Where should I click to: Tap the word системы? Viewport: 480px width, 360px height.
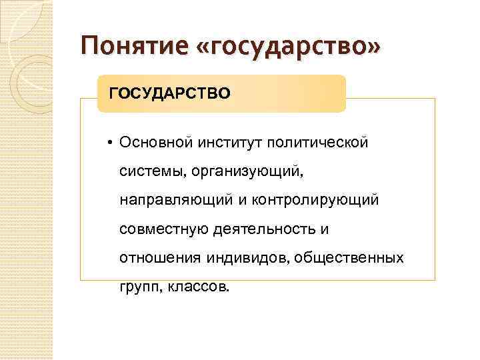click(x=153, y=171)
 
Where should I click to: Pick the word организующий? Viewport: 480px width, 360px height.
click(x=247, y=171)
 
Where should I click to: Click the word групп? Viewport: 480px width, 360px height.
click(x=137, y=287)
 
